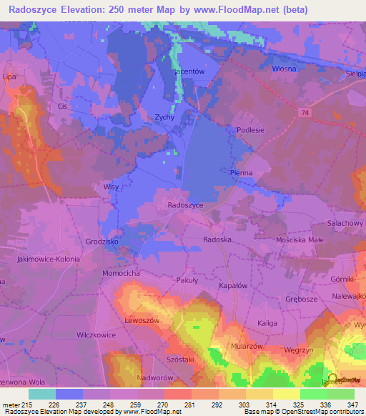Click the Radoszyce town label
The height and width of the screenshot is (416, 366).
click(x=185, y=204)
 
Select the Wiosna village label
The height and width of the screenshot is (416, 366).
click(x=285, y=69)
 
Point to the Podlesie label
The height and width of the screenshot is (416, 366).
click(x=250, y=129)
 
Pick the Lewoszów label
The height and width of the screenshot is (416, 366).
click(x=140, y=320)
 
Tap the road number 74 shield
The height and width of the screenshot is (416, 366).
click(x=306, y=112)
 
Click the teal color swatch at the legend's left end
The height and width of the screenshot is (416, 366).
click(x=42, y=394)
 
